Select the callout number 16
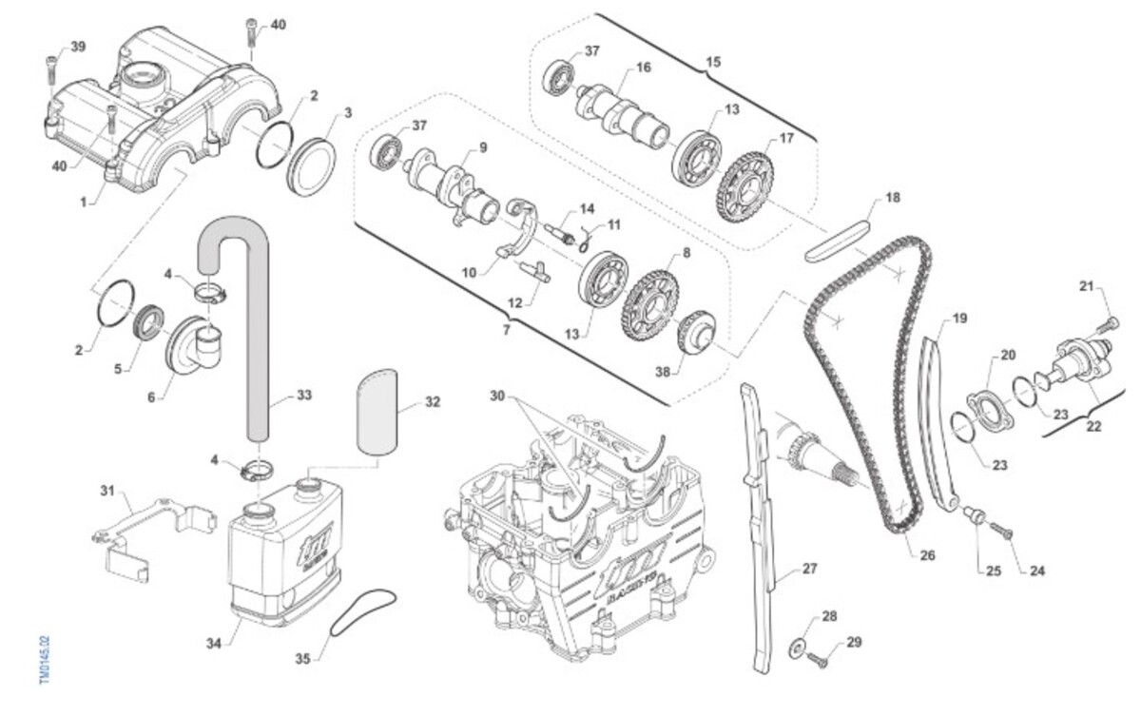pyautogui.click(x=644, y=68)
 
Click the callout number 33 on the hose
pyautogui.click(x=303, y=394)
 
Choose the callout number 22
pyautogui.click(x=1093, y=426)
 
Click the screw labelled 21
pyautogui.click(x=1106, y=325)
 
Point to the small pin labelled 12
pyautogui.click(x=535, y=271)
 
